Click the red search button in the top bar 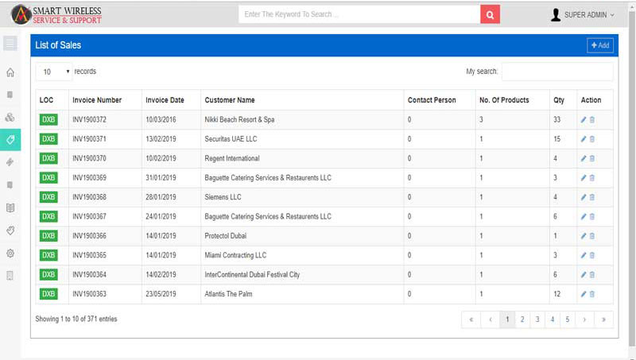pos(490,14)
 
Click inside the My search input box pos(557,72)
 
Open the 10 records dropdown pos(54,72)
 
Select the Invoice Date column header pos(165,100)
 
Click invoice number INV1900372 pos(89,119)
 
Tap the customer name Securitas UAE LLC pos(231,139)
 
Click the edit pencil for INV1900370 pos(584,158)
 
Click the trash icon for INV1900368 pos(592,197)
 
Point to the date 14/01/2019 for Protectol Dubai pos(161,236)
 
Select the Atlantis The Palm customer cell pos(228,294)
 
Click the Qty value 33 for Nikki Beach pos(557,119)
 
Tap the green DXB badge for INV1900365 pos(48,255)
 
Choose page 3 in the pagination pos(537,319)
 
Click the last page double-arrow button pos(603,319)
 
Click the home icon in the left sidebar pos(10,72)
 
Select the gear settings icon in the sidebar pos(10,254)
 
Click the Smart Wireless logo pos(56,15)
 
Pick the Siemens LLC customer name pos(223,197)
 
